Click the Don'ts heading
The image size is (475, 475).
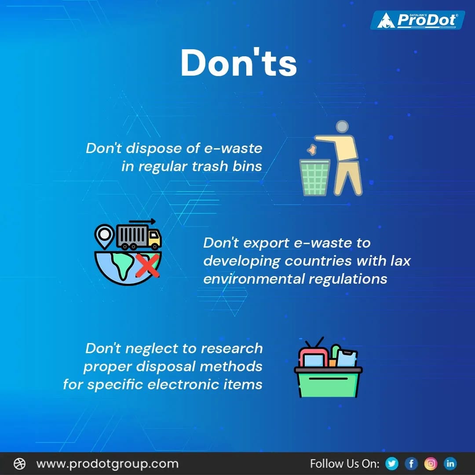point(238,62)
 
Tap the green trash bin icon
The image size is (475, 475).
point(314,178)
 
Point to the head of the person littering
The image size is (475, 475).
point(342,127)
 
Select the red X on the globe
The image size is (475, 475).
point(147,265)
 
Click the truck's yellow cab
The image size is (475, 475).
point(154,238)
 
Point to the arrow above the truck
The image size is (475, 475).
point(142,221)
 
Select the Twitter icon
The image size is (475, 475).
point(391,463)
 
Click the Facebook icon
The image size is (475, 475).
point(411,463)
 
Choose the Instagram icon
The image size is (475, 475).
point(431,463)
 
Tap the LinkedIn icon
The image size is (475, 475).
point(450,463)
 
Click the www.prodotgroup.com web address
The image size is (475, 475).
point(107,464)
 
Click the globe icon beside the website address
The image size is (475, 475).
point(20,464)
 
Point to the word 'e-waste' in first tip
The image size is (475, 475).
point(233,148)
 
